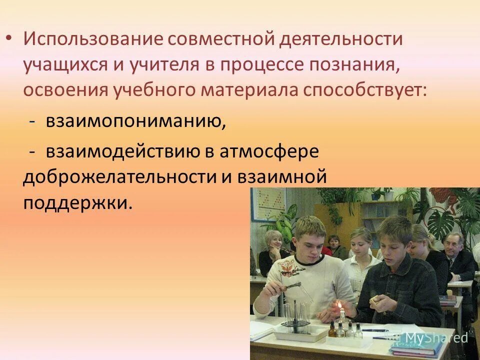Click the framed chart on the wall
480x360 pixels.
tap(267, 204)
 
